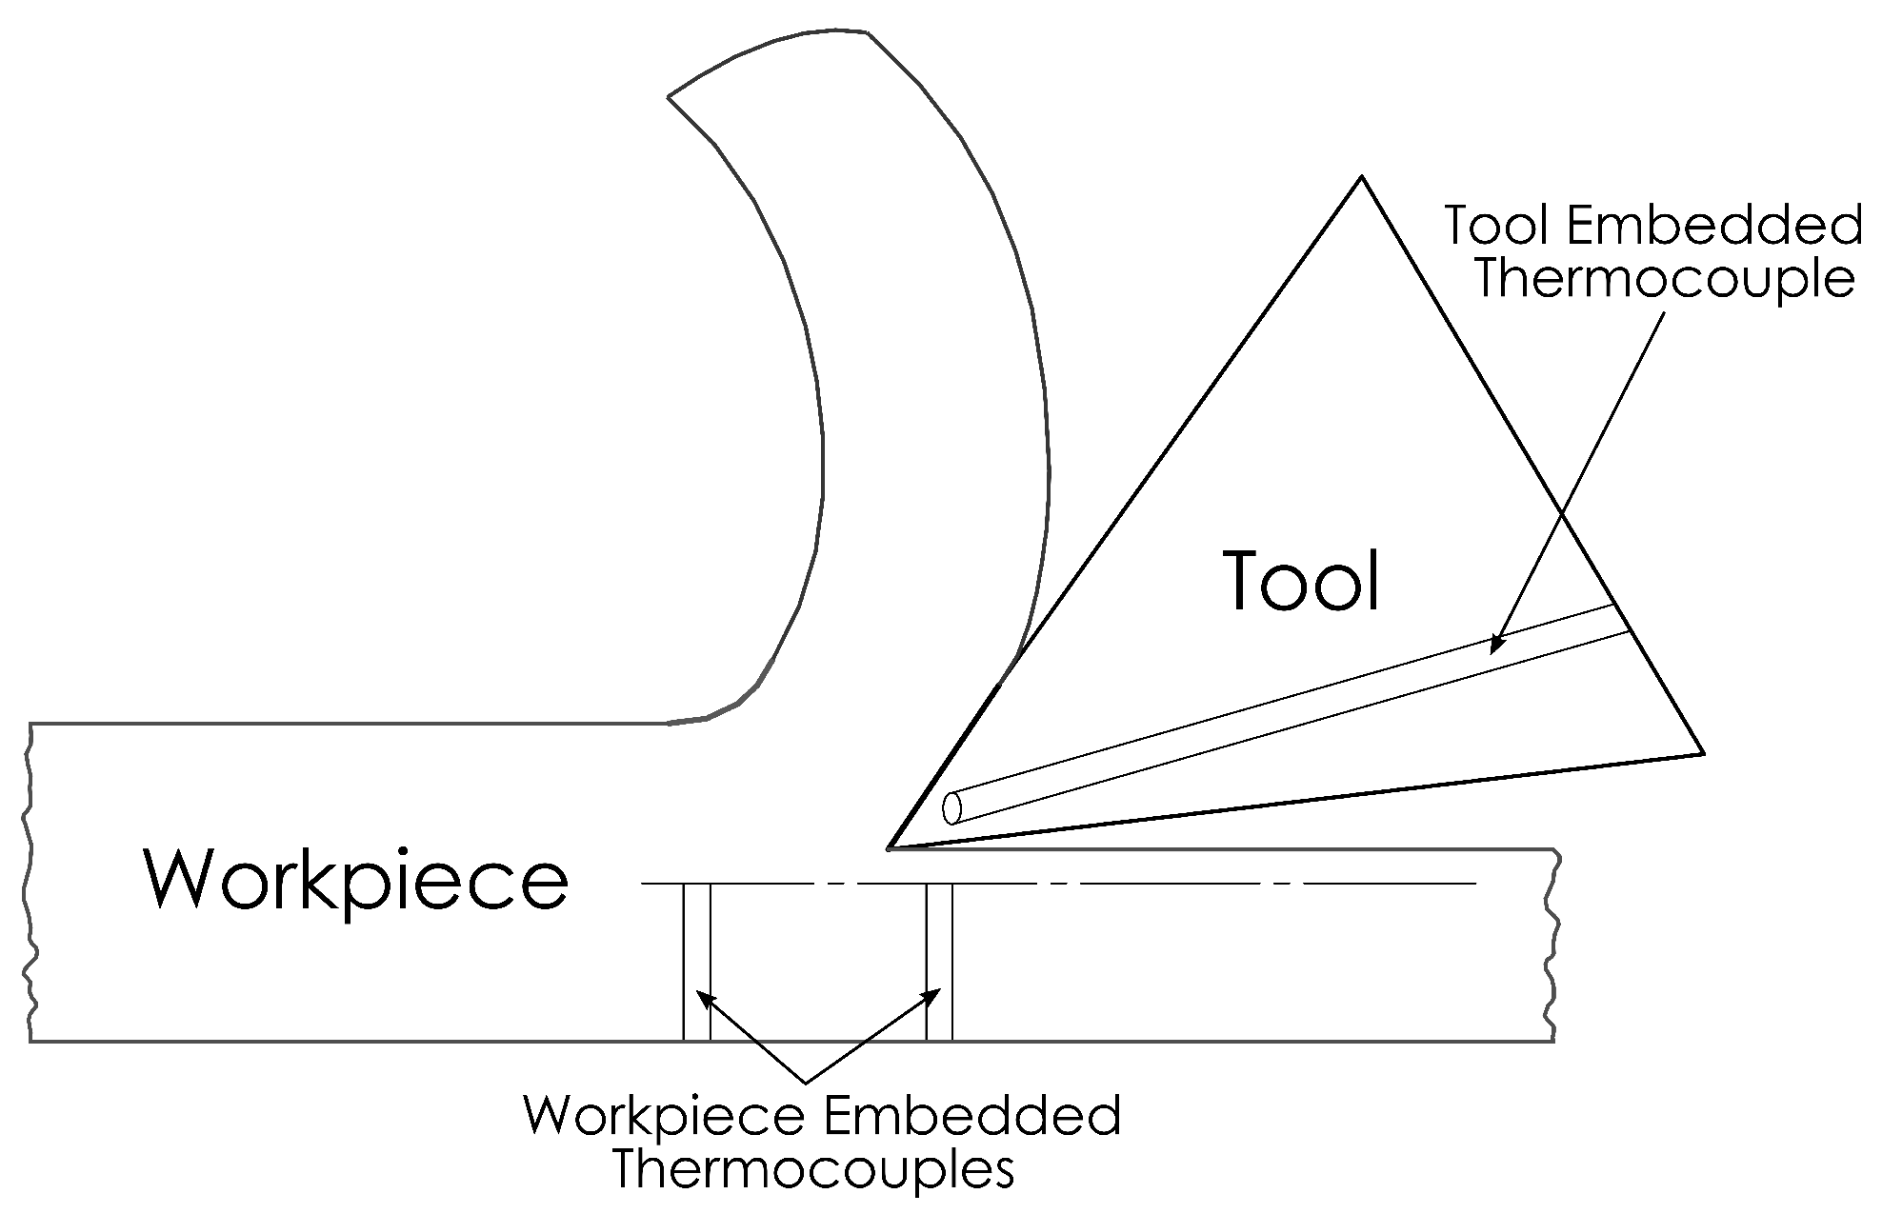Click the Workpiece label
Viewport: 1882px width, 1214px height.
(356, 881)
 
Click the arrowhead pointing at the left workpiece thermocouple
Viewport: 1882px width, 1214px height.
(703, 996)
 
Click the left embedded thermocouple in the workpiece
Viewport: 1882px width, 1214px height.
(697, 962)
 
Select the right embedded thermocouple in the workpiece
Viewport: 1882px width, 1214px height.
(940, 962)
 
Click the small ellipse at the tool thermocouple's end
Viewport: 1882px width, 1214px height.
(951, 807)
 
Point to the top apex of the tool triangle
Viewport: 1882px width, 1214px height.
(1362, 177)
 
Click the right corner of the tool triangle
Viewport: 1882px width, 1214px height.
(1702, 753)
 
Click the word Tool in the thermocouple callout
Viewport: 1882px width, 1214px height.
(1496, 226)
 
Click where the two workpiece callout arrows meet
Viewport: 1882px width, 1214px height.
(807, 1082)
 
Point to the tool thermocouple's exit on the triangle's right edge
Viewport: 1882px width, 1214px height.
(1621, 618)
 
